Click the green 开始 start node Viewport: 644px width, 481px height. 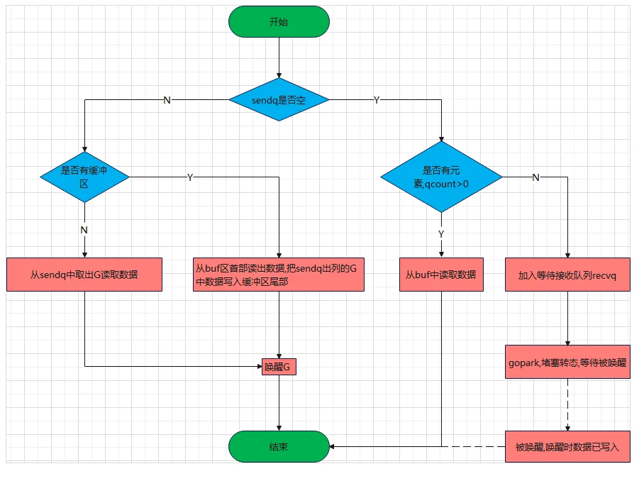(x=279, y=22)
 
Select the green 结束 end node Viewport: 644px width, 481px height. (x=279, y=446)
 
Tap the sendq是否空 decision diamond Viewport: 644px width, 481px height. (x=279, y=100)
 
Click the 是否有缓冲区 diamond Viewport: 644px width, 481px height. (x=84, y=177)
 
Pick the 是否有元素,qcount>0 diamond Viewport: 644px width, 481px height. (x=442, y=177)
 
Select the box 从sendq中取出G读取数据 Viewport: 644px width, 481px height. (x=84, y=275)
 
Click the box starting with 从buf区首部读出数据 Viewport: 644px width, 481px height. (x=279, y=275)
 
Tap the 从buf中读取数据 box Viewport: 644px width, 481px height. (x=441, y=275)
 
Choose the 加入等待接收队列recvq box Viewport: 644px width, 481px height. (x=567, y=275)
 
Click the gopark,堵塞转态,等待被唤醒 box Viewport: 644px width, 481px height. (x=567, y=362)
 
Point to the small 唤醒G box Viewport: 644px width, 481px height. (x=279, y=366)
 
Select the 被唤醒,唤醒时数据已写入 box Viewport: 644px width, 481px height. (x=567, y=446)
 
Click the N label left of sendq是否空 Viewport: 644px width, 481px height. (x=167, y=100)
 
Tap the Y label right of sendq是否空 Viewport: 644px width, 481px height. (x=377, y=100)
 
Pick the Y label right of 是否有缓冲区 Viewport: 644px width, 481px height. (x=190, y=177)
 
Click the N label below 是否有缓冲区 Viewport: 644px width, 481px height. (x=84, y=230)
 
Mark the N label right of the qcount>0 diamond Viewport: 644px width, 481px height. (x=535, y=177)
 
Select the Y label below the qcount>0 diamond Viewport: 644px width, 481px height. (x=441, y=233)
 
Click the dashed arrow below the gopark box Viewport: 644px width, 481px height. (x=567, y=404)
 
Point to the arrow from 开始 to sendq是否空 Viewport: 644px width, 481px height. (x=279, y=58)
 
